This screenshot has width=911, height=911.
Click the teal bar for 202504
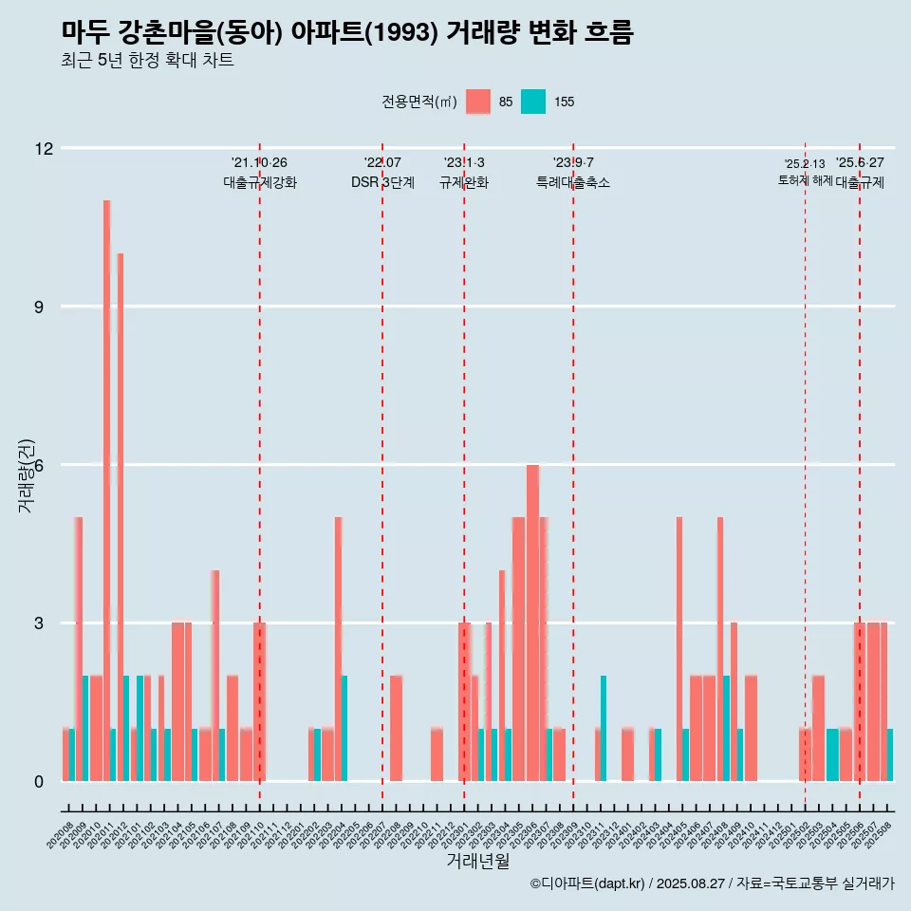(832, 755)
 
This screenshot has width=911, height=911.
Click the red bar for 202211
(437, 755)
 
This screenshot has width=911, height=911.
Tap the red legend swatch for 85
(478, 102)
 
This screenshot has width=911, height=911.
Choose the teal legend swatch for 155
(533, 102)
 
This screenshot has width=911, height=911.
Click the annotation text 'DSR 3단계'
(382, 183)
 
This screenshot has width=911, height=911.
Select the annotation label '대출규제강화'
(260, 183)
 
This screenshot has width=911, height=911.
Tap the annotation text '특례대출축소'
(573, 183)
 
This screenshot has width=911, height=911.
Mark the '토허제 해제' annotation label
(805, 180)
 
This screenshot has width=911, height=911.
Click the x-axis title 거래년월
(477, 862)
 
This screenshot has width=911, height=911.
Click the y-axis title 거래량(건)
(27, 475)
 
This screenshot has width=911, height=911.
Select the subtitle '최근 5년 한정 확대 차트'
(147, 61)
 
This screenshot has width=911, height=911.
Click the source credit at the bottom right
(712, 883)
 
